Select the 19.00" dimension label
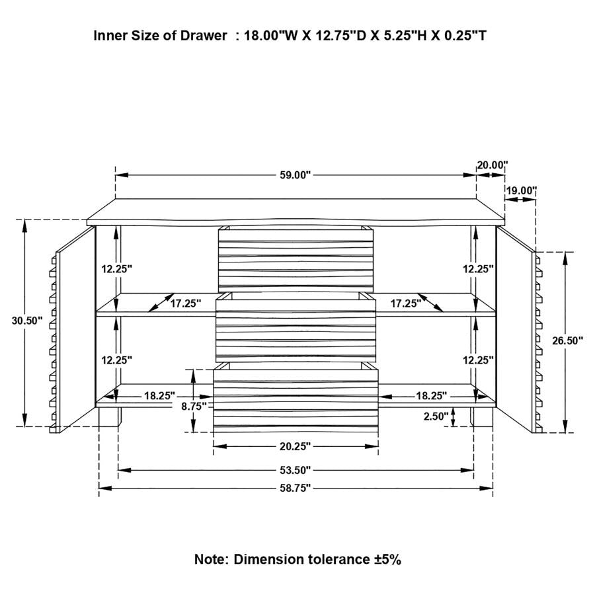tap(521, 190)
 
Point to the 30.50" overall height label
tap(27, 321)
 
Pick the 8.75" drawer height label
tap(194, 406)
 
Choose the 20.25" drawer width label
tap(295, 446)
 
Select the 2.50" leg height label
tap(437, 416)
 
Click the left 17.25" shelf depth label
tap(185, 303)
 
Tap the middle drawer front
tap(295, 328)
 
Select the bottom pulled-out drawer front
tap(296, 403)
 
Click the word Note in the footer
tap(210, 559)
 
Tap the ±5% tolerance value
tap(385, 559)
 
